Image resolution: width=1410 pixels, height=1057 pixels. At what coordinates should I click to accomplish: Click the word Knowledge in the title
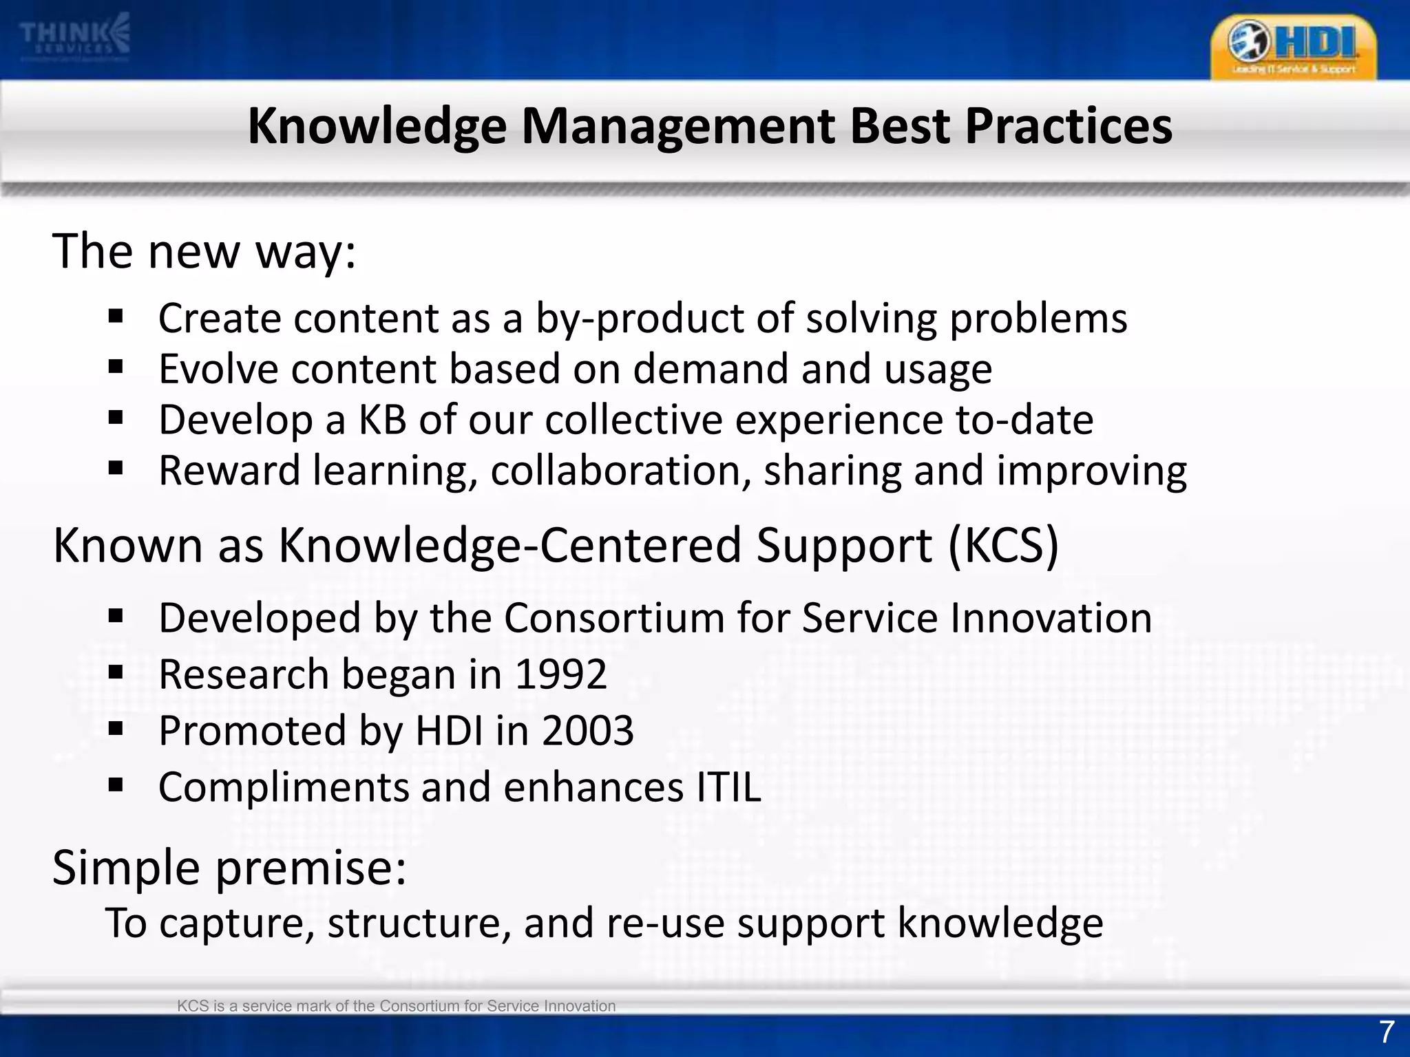click(x=377, y=127)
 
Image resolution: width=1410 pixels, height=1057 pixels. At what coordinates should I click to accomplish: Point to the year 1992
click(x=560, y=674)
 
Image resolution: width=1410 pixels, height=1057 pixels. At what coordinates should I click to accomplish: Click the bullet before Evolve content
click(x=116, y=367)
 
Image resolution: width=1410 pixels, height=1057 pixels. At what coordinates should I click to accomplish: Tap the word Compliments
click(x=284, y=789)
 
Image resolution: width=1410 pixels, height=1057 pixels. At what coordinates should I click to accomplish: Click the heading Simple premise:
click(x=229, y=868)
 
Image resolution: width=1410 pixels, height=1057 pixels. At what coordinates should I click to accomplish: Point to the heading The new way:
click(x=204, y=252)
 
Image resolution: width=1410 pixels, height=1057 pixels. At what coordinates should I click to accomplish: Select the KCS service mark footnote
click(x=396, y=1006)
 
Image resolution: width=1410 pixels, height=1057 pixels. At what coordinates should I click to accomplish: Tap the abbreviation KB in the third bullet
click(x=382, y=420)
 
